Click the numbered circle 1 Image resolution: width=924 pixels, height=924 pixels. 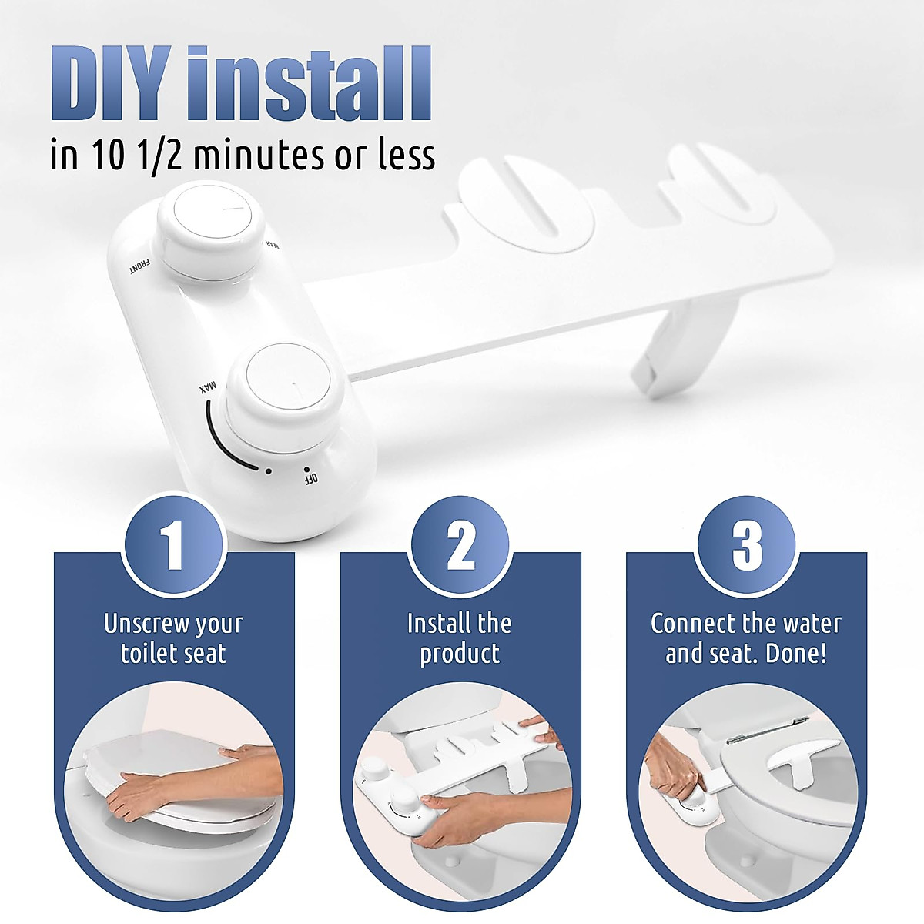tap(174, 546)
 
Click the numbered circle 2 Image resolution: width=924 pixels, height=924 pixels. tap(460, 546)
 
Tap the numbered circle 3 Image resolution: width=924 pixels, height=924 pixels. tap(746, 546)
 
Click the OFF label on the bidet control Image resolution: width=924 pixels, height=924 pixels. tap(311, 478)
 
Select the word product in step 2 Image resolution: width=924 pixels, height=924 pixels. tap(460, 654)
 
